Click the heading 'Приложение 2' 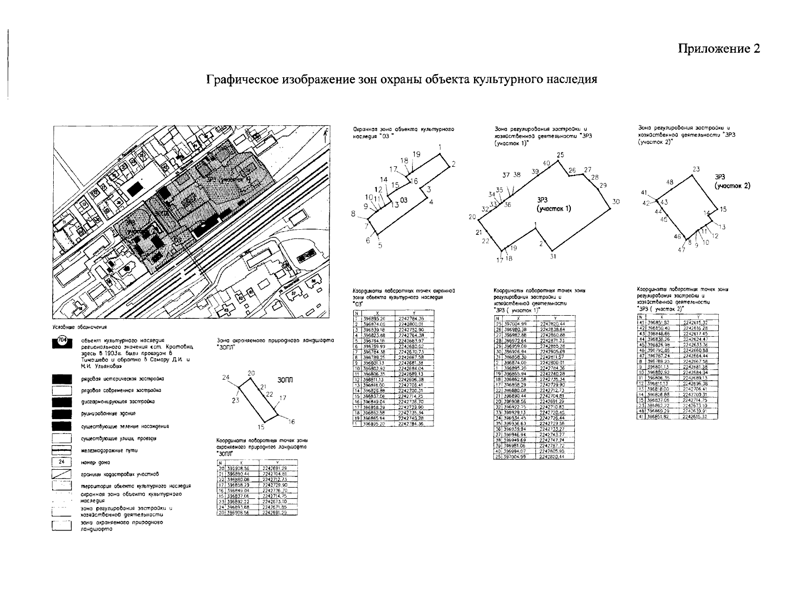[x=719, y=49]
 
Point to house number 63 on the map [x=227, y=310]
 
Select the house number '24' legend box [x=60, y=462]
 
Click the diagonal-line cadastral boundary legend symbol [x=60, y=474]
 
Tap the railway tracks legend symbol [x=60, y=451]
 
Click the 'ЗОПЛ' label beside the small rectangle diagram [x=285, y=380]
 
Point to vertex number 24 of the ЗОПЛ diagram [x=225, y=378]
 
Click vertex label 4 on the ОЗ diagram [x=432, y=203]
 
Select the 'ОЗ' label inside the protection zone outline [x=404, y=200]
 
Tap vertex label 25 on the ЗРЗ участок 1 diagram [x=560, y=155]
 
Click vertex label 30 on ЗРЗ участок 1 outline [x=616, y=202]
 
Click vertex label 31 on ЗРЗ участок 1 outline [x=552, y=256]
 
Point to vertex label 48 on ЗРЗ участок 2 [x=670, y=182]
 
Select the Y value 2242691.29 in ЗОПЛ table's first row [x=273, y=468]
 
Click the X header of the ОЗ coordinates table [x=377, y=313]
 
